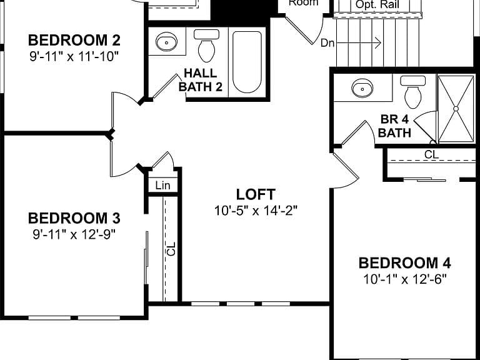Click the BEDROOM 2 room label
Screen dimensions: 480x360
click(74, 41)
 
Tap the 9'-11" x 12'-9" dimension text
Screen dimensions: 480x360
click(74, 235)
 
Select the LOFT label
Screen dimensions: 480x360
click(256, 194)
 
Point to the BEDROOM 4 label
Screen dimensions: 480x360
click(405, 263)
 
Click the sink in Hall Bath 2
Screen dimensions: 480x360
click(166, 42)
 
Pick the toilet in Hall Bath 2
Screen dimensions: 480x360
click(207, 46)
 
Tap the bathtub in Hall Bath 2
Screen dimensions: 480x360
click(247, 62)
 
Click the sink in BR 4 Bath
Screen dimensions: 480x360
click(362, 89)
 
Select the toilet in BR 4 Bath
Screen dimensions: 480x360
click(412, 92)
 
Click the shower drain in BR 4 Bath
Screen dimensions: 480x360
click(456, 109)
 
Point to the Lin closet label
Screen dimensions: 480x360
click(162, 185)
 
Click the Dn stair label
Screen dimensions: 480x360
click(327, 43)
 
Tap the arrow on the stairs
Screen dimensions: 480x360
click(359, 42)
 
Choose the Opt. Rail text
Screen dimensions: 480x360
click(377, 4)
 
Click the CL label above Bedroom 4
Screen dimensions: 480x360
click(431, 154)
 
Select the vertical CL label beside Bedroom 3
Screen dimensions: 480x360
click(171, 249)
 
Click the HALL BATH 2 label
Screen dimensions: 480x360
click(201, 80)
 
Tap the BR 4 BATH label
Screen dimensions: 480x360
click(394, 126)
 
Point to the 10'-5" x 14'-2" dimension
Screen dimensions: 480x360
click(256, 211)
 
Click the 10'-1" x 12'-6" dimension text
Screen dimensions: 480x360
click(405, 279)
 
